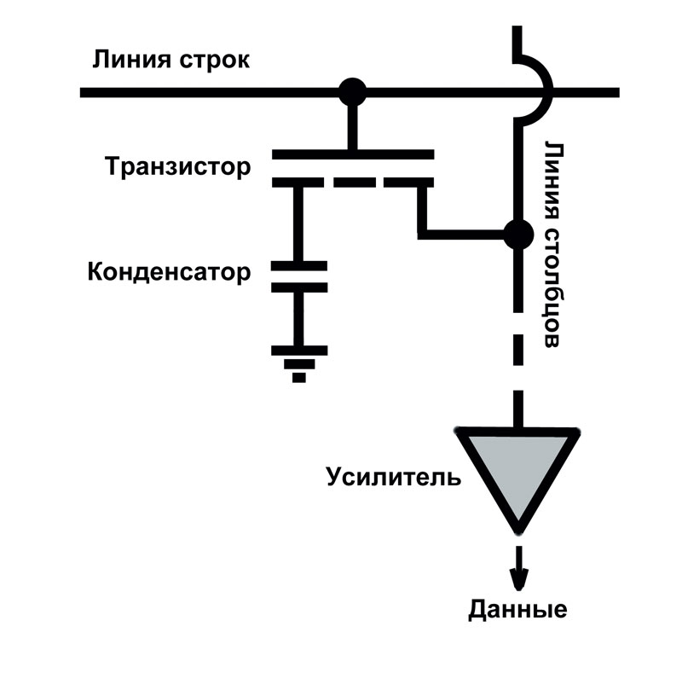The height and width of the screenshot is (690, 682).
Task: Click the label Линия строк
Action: click(171, 62)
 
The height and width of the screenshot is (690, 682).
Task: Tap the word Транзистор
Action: click(178, 166)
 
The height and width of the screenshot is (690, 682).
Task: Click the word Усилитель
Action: click(394, 476)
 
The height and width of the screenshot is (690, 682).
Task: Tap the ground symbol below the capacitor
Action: click(298, 362)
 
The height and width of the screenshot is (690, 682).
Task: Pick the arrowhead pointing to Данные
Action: click(517, 580)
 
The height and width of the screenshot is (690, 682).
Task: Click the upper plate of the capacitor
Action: click(298, 266)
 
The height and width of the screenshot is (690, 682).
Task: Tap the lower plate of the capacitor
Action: click(298, 287)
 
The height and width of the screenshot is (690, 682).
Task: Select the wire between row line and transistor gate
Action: click(351, 124)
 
